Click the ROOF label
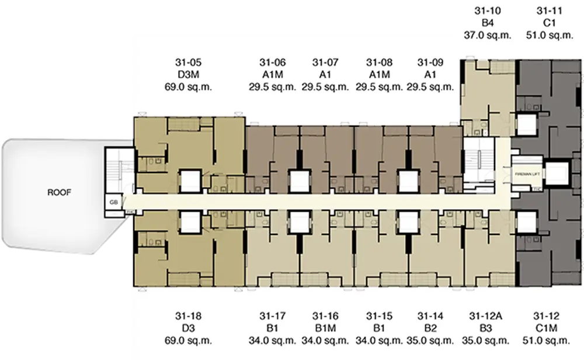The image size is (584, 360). [x=59, y=192]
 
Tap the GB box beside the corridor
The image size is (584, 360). [x=114, y=202]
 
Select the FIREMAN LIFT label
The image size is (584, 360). [x=527, y=174]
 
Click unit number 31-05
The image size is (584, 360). [x=188, y=62]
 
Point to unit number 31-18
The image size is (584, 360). [x=188, y=316]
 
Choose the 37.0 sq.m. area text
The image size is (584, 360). [x=488, y=36]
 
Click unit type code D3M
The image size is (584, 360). [x=188, y=75]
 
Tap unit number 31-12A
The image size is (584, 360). [x=486, y=316]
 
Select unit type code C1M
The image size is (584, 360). [x=547, y=328]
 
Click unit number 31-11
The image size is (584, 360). [x=550, y=11]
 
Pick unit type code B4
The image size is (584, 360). [x=488, y=23]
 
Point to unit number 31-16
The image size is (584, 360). [x=325, y=316]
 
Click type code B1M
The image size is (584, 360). [x=325, y=328]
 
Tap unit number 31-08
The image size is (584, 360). [x=379, y=62]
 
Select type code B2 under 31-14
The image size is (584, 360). [x=430, y=328]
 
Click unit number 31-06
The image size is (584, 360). [x=273, y=62]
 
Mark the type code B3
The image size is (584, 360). [x=486, y=328]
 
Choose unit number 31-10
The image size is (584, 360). [x=488, y=11]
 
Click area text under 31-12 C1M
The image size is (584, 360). [x=547, y=341]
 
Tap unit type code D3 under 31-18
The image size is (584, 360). [x=188, y=328]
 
